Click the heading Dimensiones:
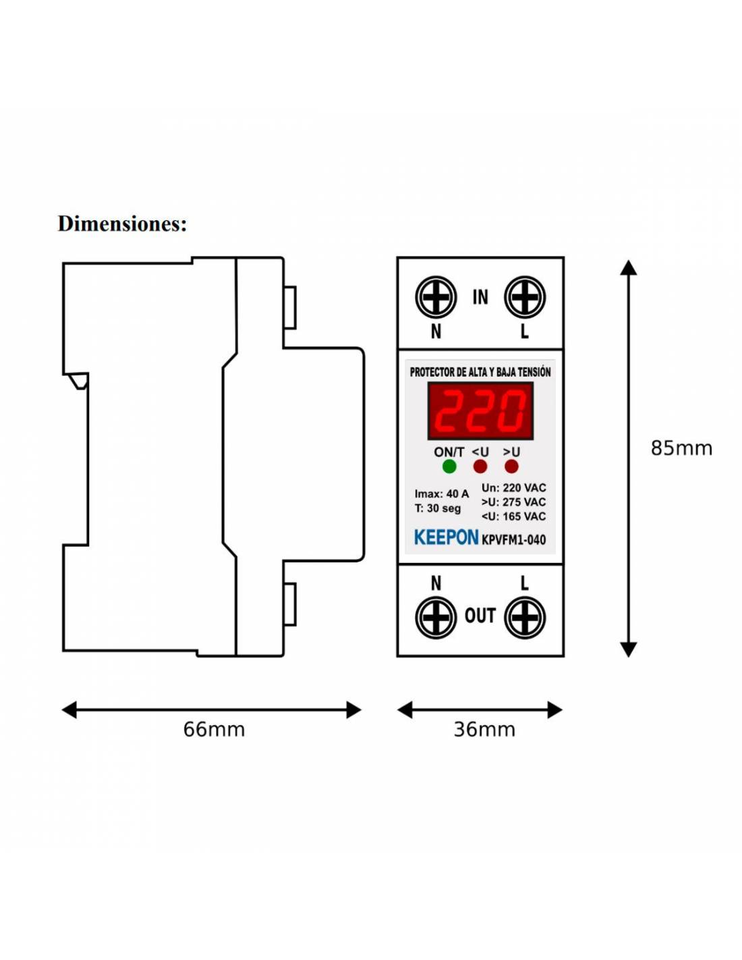(x=122, y=223)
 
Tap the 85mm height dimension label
(x=681, y=448)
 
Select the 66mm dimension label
(x=214, y=729)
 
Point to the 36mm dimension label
(x=484, y=729)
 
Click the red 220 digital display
(x=480, y=411)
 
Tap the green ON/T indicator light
(x=449, y=466)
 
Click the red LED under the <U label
(x=480, y=466)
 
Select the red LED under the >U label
(x=511, y=466)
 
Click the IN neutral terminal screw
(x=436, y=297)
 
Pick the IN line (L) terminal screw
(x=525, y=297)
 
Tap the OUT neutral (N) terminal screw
(x=436, y=618)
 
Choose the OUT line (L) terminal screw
(x=525, y=618)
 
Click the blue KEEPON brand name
(x=446, y=537)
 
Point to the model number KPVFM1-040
(x=514, y=539)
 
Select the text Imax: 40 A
(x=441, y=494)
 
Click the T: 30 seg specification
(x=437, y=508)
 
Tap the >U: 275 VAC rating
(x=513, y=502)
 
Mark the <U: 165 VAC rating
(x=513, y=516)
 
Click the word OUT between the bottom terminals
(x=480, y=616)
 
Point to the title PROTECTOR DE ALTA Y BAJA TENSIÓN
(x=480, y=372)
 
